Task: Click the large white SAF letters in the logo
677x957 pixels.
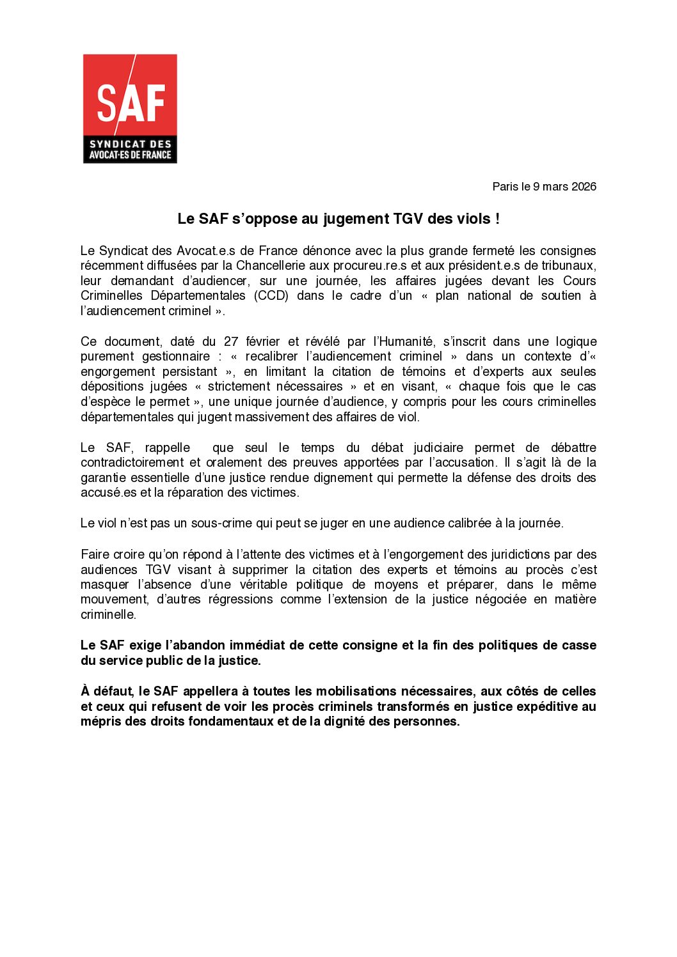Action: click(x=131, y=102)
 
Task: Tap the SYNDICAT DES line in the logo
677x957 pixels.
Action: click(x=130, y=144)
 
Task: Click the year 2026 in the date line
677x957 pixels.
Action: click(x=584, y=187)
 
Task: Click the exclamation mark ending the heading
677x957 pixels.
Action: click(x=497, y=219)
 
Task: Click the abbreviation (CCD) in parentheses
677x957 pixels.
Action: click(x=271, y=295)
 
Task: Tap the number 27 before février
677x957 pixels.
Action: click(x=231, y=341)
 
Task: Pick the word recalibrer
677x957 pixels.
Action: click(x=273, y=356)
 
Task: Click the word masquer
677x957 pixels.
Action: click(x=104, y=584)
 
